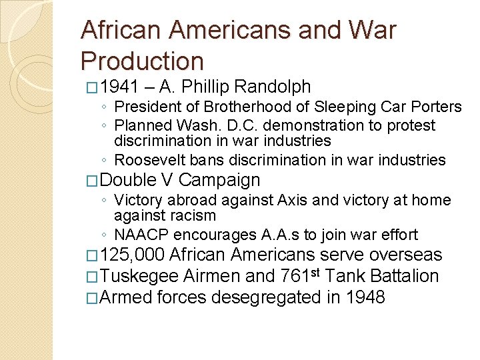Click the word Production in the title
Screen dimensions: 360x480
click(142, 61)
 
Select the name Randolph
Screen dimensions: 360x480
click(273, 87)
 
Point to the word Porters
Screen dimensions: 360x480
click(433, 107)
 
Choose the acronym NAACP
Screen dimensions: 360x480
click(143, 235)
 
